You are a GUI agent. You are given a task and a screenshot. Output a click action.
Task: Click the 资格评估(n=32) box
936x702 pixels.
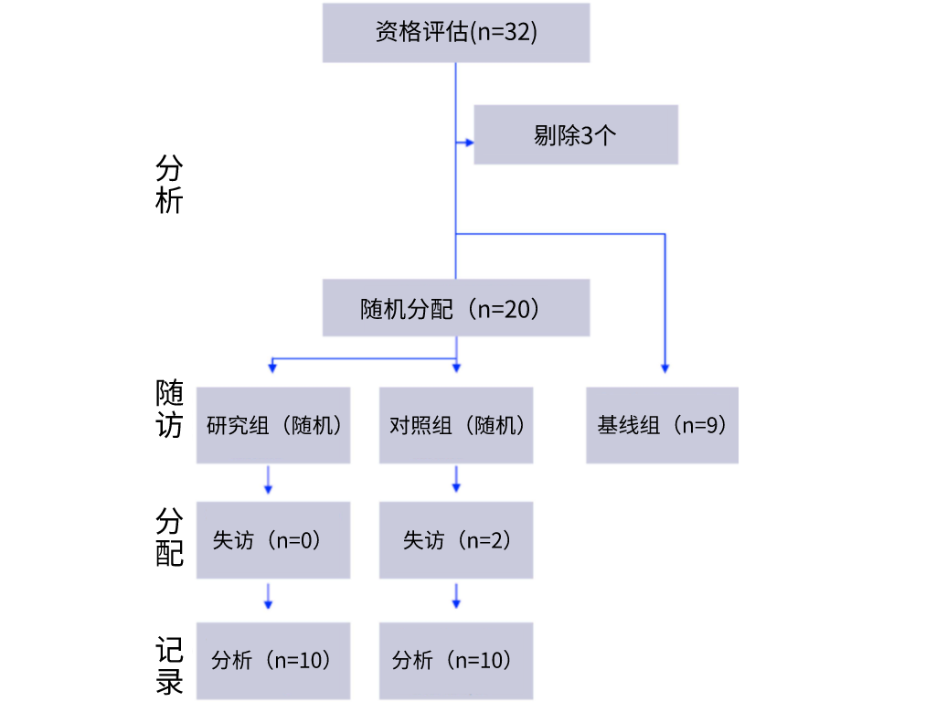456,32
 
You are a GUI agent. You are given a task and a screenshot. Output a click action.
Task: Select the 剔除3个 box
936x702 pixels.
575,135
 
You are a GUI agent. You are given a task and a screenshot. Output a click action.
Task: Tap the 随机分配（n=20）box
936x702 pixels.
456,308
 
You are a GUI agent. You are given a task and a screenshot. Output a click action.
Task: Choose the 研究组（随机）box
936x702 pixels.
273,425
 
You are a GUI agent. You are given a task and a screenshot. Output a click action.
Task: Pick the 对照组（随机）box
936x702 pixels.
456,425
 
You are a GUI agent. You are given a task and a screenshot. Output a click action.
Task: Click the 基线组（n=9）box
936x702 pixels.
662,425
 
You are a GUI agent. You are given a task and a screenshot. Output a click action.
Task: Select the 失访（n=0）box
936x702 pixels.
273,540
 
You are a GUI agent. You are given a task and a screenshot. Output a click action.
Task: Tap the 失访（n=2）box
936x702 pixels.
456,540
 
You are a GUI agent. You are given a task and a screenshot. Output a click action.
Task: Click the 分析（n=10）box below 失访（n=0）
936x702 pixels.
273,660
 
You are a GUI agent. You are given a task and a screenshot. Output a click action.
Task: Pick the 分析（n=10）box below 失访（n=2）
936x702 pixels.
456,660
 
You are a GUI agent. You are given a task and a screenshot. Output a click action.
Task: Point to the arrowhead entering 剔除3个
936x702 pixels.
468,142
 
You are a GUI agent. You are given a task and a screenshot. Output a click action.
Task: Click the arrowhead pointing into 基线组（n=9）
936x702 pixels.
665,368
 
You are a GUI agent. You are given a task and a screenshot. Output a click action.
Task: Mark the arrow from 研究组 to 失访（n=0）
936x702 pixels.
269,480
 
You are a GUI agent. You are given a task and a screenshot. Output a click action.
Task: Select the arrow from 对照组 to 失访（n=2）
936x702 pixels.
456,480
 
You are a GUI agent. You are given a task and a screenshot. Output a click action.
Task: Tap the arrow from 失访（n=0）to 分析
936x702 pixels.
269,595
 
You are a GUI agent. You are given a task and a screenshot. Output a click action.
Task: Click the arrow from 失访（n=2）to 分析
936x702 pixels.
456,595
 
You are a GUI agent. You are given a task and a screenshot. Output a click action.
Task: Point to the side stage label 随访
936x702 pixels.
169,409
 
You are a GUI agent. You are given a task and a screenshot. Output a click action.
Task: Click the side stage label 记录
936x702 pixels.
169,666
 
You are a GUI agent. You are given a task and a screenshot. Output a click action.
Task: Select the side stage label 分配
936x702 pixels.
169,537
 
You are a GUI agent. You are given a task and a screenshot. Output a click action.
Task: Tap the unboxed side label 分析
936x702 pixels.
169,184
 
